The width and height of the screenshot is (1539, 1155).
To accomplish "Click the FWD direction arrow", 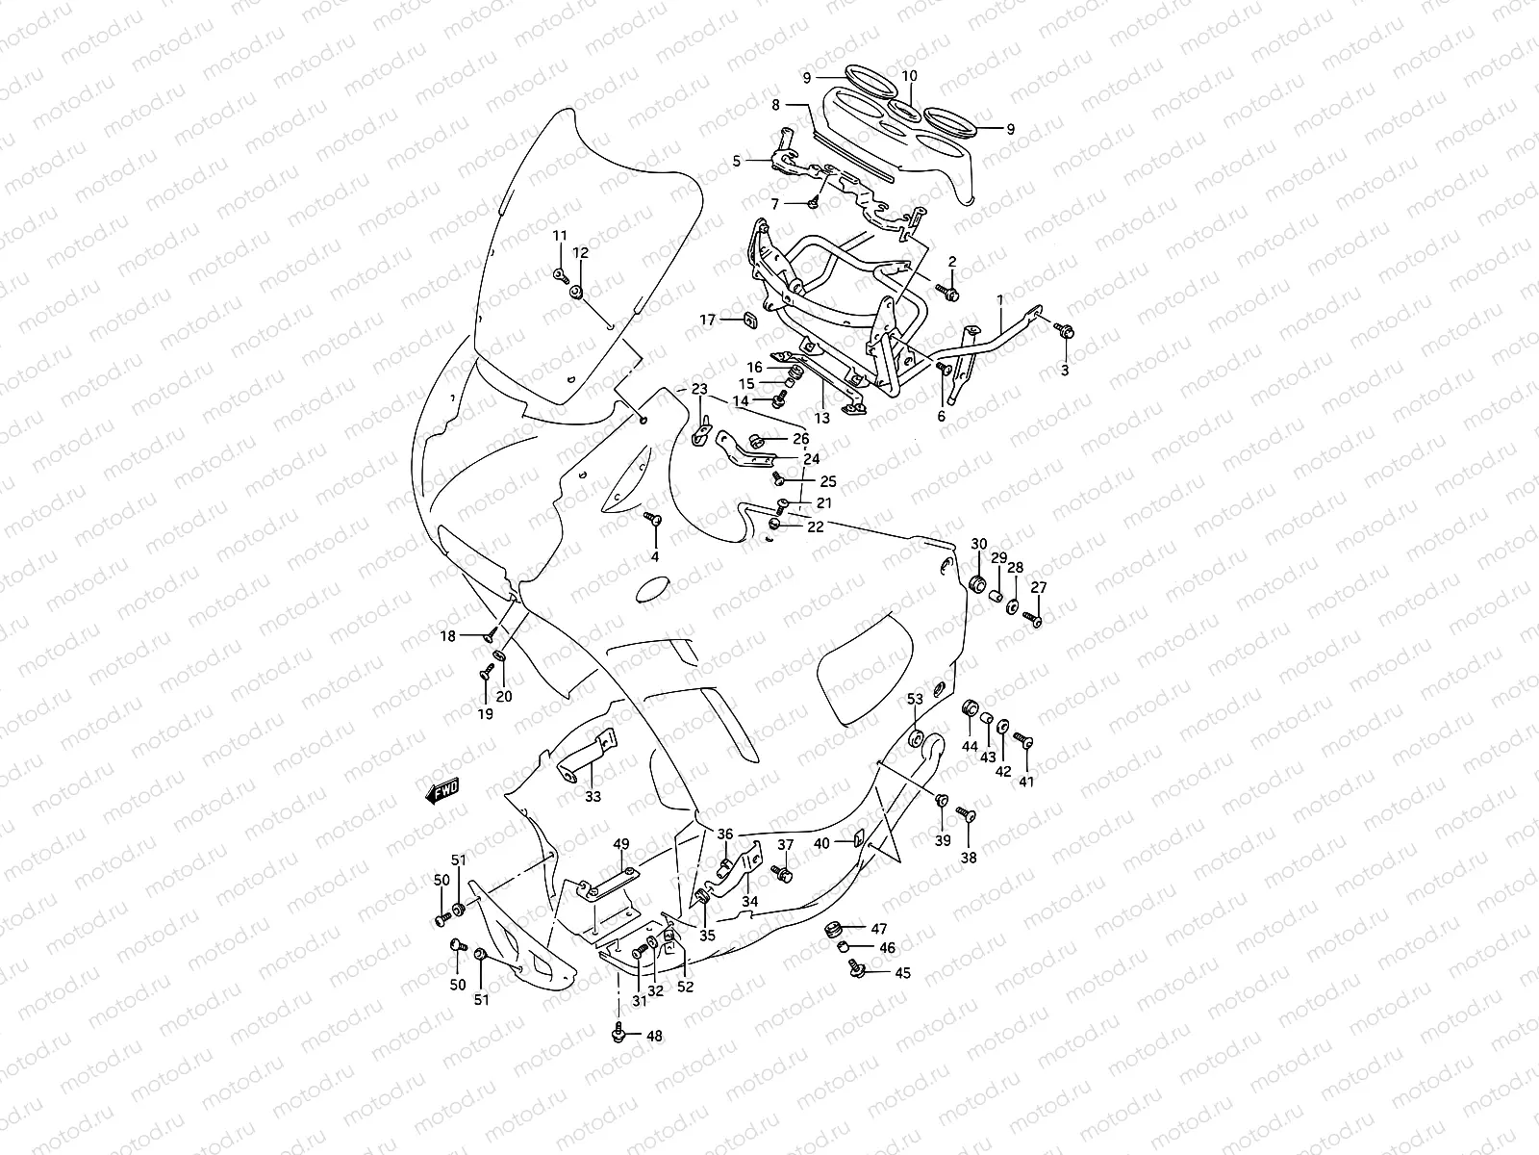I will click(x=442, y=791).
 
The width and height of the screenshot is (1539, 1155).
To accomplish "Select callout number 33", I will click(x=593, y=797).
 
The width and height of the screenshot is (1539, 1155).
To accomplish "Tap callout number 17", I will click(x=708, y=320).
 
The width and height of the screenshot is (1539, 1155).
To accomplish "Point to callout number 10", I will click(x=909, y=76).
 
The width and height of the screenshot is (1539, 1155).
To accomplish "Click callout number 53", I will click(x=915, y=698).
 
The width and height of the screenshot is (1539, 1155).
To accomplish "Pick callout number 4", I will click(x=654, y=556).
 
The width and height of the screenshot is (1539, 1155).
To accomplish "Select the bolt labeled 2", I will click(x=951, y=293).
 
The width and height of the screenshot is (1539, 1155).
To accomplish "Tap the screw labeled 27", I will click(x=1034, y=619).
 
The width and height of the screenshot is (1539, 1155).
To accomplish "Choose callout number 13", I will click(x=821, y=419).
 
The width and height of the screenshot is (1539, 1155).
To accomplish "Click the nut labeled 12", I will click(x=577, y=291).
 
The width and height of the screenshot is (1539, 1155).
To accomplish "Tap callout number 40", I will click(x=821, y=843).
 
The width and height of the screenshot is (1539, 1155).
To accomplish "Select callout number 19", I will click(x=485, y=714).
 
